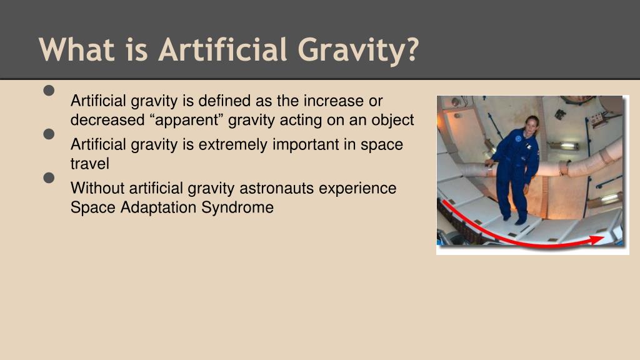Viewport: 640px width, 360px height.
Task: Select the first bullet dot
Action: pyautogui.click(x=50, y=91)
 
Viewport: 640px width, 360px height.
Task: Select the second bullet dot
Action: pyautogui.click(x=50, y=134)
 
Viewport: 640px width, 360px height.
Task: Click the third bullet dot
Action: pyautogui.click(x=50, y=178)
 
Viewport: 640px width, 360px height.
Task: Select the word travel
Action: pyautogui.click(x=89, y=164)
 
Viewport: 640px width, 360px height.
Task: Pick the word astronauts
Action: pyautogui.click(x=278, y=188)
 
